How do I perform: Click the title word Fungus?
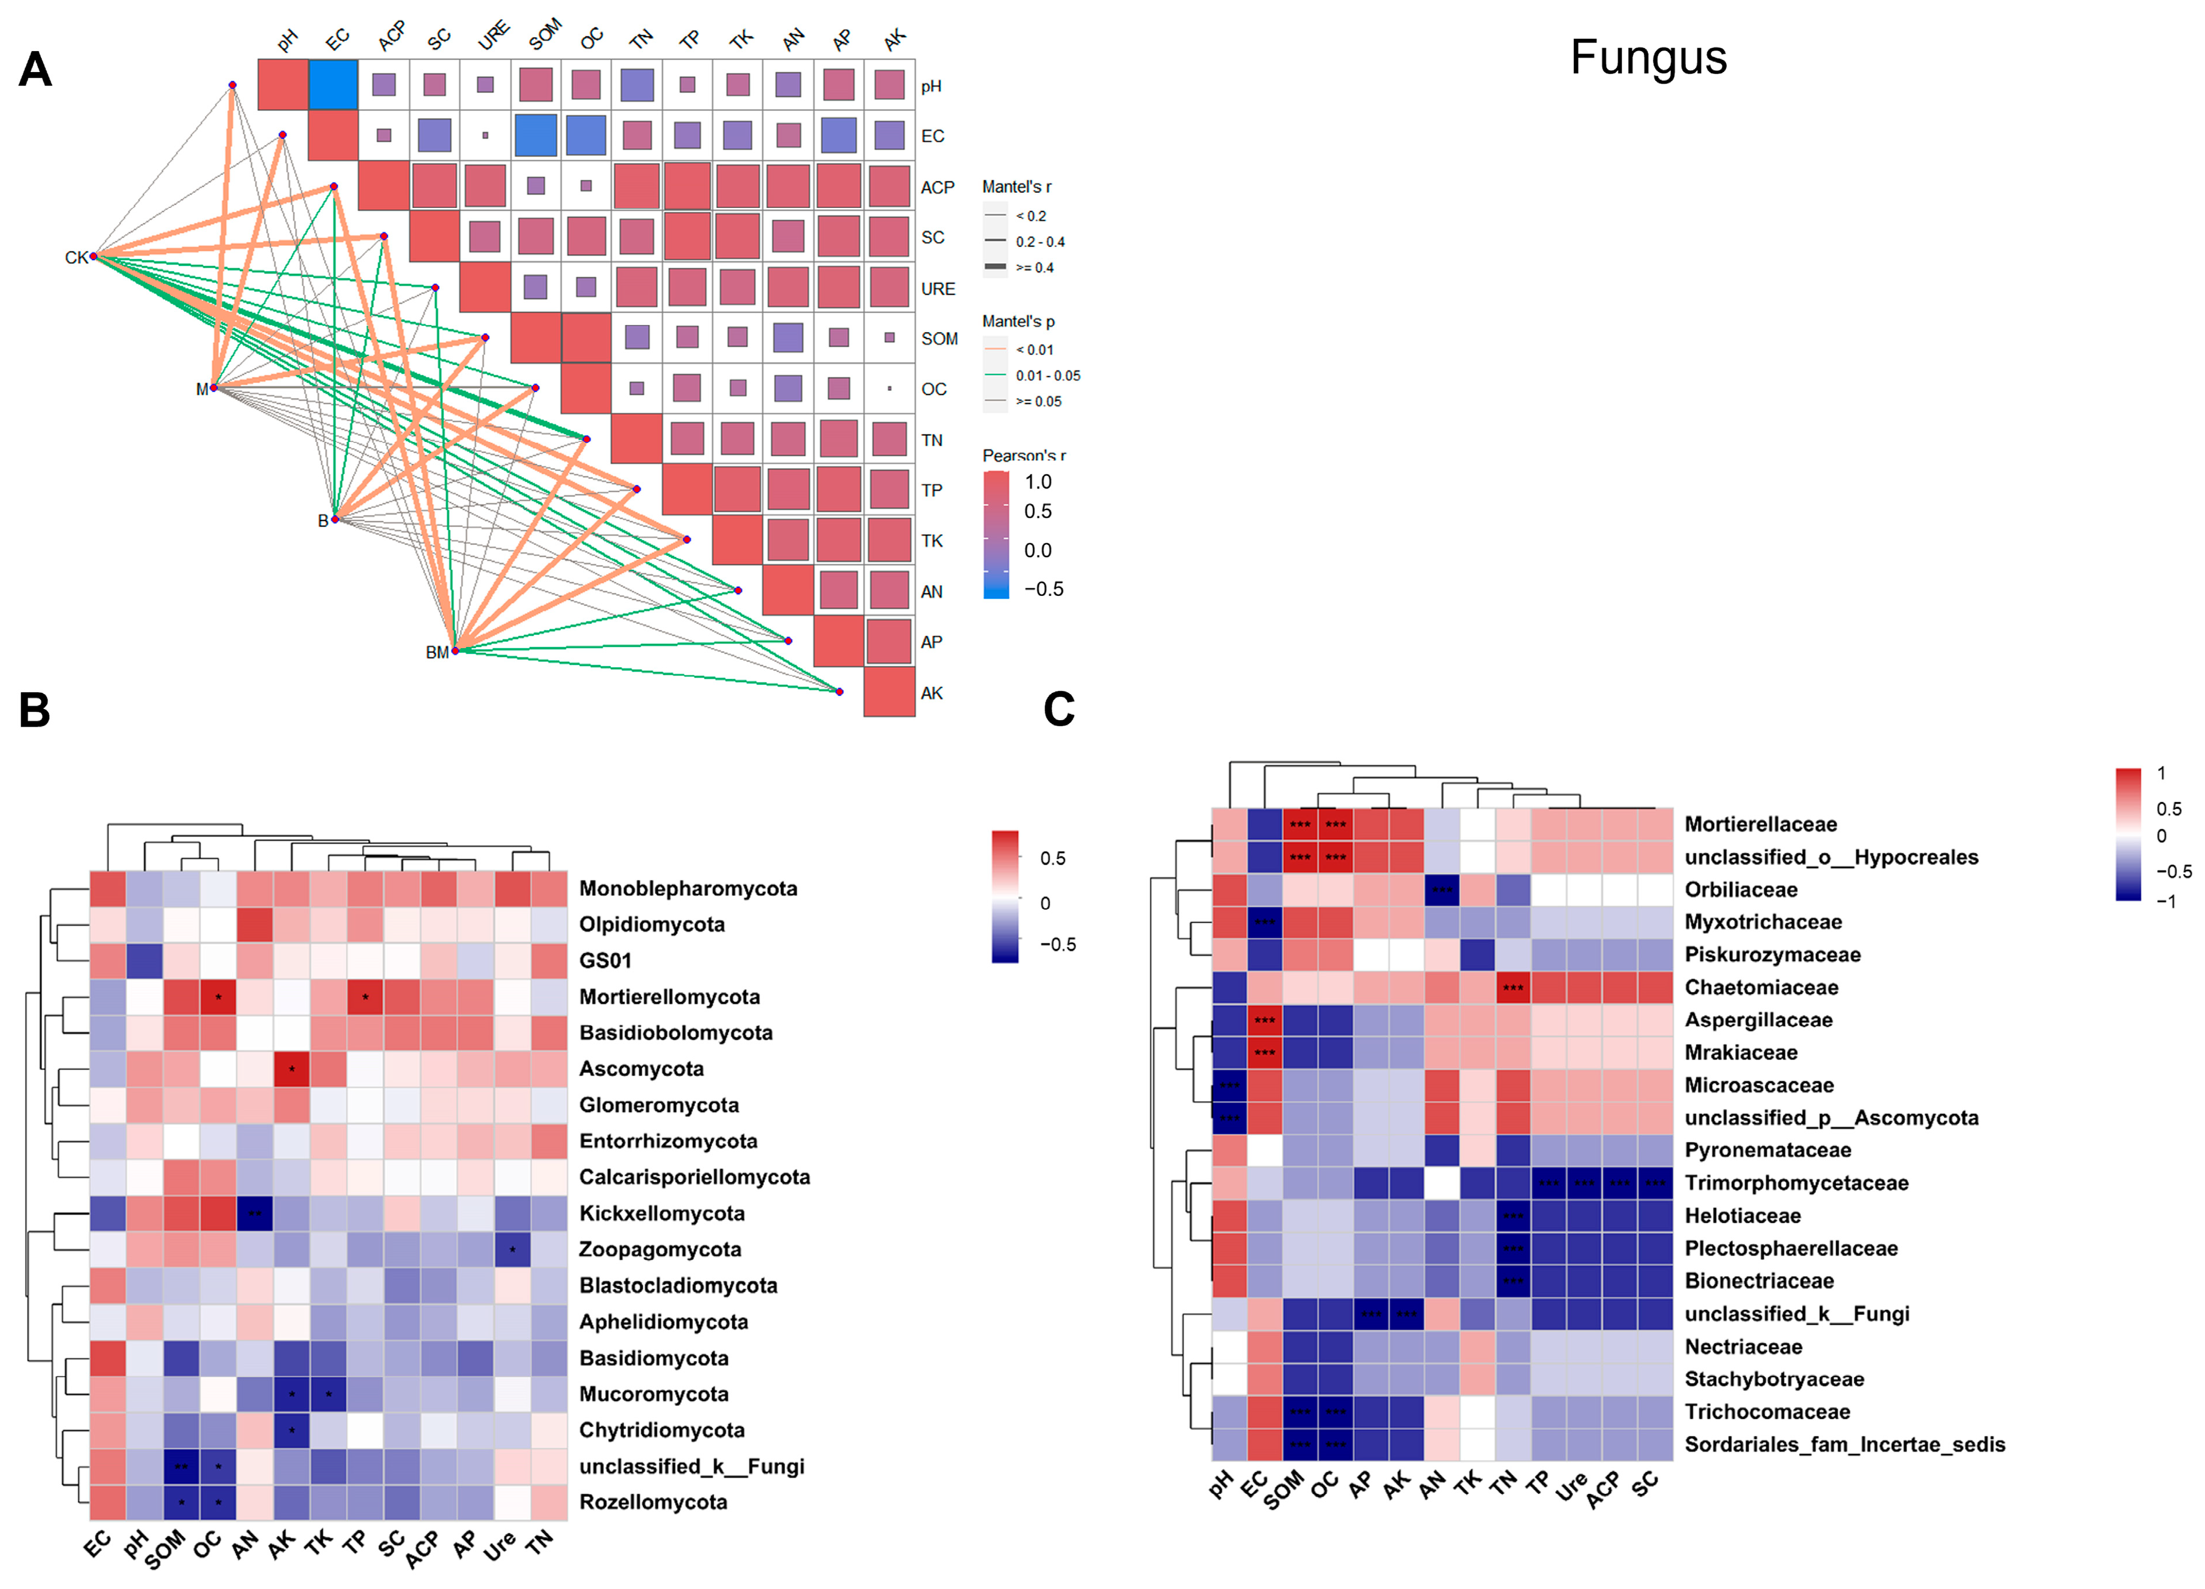[1648, 57]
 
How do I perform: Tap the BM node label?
[437, 653]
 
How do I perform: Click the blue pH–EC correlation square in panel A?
[333, 85]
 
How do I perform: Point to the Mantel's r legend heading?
[1016, 186]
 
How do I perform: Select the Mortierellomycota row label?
[669, 997]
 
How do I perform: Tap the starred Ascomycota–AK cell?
[292, 1069]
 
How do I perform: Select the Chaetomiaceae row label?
[1761, 987]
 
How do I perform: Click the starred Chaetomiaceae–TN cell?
[1513, 987]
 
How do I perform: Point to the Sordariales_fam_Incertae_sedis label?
[1844, 1444]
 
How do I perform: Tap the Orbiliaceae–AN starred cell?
[1442, 890]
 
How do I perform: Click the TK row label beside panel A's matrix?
[931, 541]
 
